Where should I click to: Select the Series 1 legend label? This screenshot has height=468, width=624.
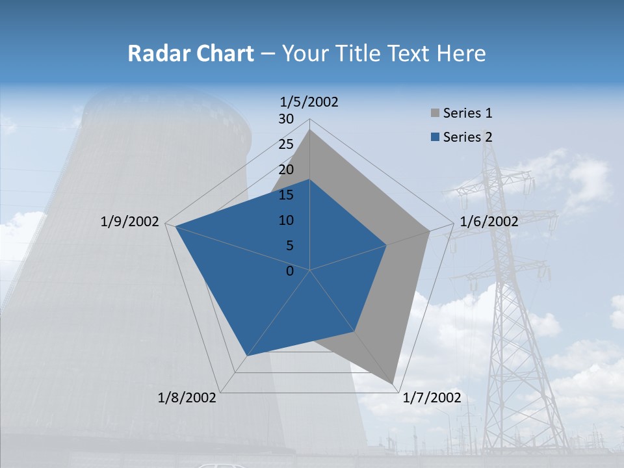click(x=467, y=113)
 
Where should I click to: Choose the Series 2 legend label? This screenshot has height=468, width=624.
click(x=467, y=137)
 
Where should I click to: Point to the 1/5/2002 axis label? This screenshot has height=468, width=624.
click(x=309, y=101)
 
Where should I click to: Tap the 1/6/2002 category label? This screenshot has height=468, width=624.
click(x=489, y=222)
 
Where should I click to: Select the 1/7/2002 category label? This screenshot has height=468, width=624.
click(x=432, y=398)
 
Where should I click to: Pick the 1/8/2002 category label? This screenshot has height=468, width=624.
click(x=187, y=398)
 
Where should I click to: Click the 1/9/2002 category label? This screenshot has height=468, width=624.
click(x=130, y=222)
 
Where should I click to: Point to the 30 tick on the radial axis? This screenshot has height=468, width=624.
click(x=286, y=119)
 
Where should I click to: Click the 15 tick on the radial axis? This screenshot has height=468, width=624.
click(x=286, y=195)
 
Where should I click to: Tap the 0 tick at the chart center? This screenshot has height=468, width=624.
click(x=291, y=271)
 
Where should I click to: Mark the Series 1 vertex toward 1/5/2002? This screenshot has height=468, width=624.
click(x=310, y=129)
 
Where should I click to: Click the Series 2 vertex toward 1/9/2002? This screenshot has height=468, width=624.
click(x=175, y=226)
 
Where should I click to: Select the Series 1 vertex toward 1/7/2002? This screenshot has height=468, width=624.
click(x=393, y=384)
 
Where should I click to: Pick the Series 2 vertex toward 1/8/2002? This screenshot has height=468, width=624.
click(x=246, y=356)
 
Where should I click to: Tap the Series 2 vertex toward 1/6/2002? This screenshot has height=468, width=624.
click(x=387, y=245)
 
